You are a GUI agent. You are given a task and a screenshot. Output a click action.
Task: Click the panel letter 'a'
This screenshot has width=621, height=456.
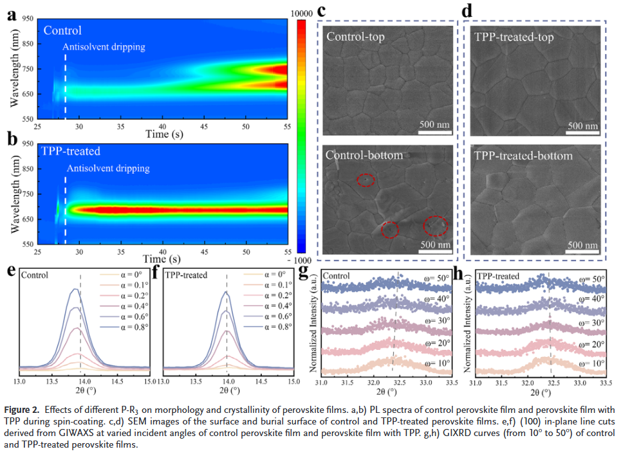(x=10, y=15)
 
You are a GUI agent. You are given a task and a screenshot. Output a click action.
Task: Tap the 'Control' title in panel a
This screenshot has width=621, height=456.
(x=62, y=30)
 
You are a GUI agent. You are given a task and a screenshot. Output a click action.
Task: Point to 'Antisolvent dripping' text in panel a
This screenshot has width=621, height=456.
(x=104, y=46)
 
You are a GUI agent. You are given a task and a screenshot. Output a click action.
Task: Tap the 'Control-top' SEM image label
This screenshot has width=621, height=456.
(x=356, y=37)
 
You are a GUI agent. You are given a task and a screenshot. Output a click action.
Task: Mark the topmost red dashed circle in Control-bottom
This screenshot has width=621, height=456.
(x=366, y=181)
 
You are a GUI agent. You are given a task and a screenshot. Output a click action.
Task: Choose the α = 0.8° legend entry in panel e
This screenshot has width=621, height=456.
(x=129, y=327)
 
